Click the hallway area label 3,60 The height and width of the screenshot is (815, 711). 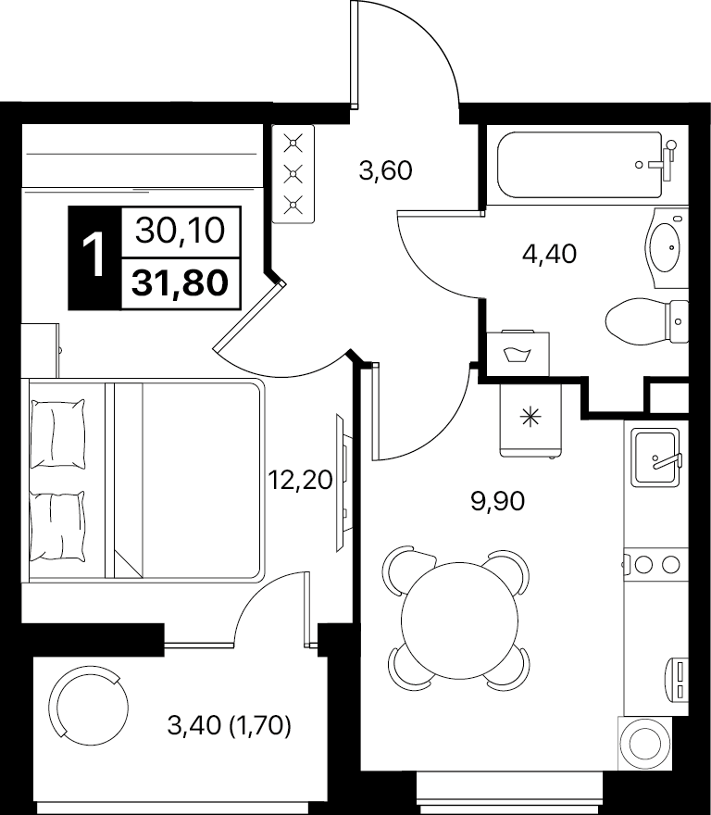tap(386, 170)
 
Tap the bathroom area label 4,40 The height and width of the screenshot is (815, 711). tap(549, 254)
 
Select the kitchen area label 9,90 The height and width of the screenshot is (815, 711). tap(498, 502)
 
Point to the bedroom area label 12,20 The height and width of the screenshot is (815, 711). tap(300, 480)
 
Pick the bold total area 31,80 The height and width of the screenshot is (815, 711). tap(181, 283)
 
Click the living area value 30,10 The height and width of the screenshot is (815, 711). tap(181, 231)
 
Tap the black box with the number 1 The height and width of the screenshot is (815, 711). tap(94, 257)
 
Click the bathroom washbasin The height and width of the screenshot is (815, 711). tap(667, 248)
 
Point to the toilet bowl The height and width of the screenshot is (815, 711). tap(647, 321)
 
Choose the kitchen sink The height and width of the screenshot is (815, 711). tap(655, 458)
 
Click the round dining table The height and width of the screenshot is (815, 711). tap(459, 621)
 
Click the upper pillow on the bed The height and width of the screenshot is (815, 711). tap(57, 433)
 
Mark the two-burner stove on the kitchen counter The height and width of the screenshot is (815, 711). tap(656, 564)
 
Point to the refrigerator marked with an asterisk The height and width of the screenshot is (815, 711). tap(530, 420)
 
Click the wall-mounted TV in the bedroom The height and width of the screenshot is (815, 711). tap(341, 483)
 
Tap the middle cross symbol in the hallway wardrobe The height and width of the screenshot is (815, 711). tap(293, 174)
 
